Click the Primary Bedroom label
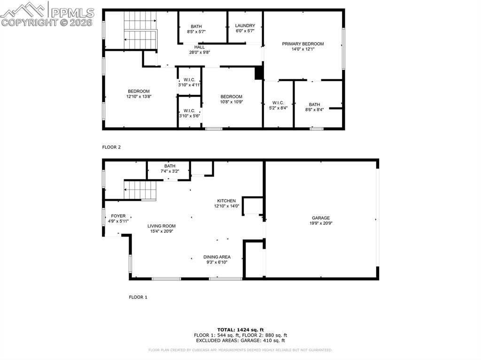pos(303,44)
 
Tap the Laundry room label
pos(245,26)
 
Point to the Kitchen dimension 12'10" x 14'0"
pos(226,206)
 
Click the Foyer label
pos(118,216)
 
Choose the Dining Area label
pos(217,257)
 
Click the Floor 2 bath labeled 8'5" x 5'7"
pos(196,29)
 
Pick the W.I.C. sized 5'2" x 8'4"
pos(278,105)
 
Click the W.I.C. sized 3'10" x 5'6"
pos(189,113)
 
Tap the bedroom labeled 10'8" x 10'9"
pos(231,99)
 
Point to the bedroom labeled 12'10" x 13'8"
pos(139,94)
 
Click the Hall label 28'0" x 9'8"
pos(199,50)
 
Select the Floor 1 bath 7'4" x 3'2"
pos(170,169)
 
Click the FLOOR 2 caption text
pos(111,147)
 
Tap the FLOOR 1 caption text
pos(138,297)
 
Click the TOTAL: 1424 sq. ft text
pos(240,329)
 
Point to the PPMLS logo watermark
pos(47,14)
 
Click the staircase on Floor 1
pos(140,191)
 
